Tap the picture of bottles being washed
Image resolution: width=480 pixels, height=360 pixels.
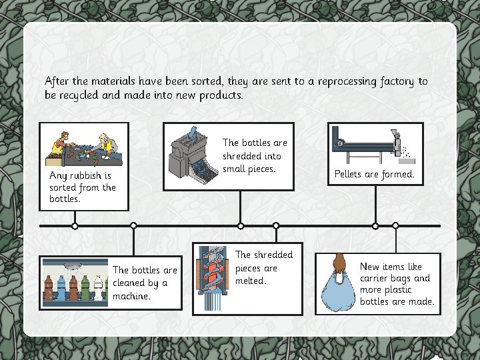[x=75, y=281]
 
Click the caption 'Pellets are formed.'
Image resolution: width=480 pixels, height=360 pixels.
[x=374, y=175]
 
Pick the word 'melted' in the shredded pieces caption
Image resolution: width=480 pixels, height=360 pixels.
[x=251, y=281]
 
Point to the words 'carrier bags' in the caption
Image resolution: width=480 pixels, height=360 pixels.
[x=395, y=278]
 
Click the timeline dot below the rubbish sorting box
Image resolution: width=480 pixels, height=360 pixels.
[x=75, y=226]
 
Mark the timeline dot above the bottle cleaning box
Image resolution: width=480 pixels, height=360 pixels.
[x=134, y=226]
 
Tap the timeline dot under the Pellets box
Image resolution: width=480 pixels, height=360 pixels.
[x=375, y=226]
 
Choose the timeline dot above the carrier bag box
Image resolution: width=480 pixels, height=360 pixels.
[x=395, y=226]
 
